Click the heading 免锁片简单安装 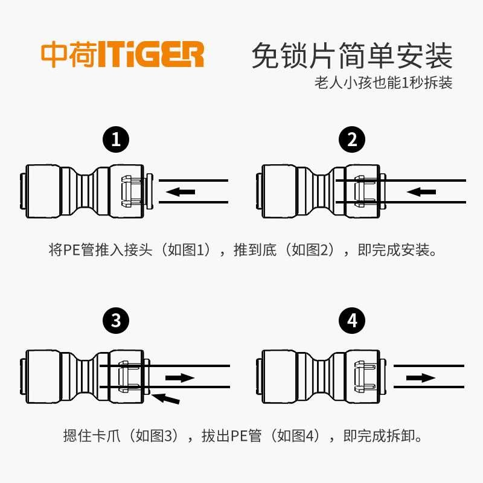(x=351, y=56)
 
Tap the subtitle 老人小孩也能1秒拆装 (x=383, y=83)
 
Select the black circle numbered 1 (x=116, y=140)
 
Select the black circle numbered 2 (x=353, y=140)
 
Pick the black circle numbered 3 (x=116, y=321)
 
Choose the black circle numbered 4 (x=353, y=321)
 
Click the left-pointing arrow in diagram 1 (x=181, y=191)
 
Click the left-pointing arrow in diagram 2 (x=421, y=191)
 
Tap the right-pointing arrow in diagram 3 (x=180, y=377)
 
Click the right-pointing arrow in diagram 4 (x=420, y=377)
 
